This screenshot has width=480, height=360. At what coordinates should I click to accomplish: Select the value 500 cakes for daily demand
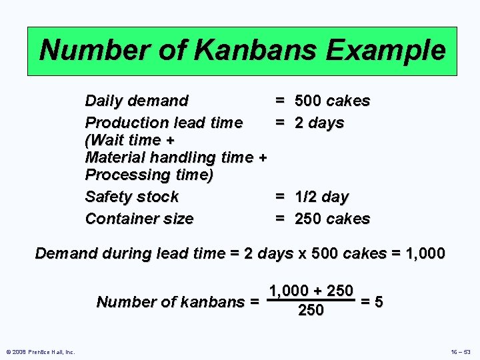[x=332, y=101]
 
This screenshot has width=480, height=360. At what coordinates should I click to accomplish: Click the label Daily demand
[x=137, y=101]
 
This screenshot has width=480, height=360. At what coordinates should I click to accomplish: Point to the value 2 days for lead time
[x=319, y=123]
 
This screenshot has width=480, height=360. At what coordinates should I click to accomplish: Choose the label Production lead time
[x=164, y=123]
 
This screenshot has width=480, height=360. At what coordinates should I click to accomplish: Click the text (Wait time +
[x=130, y=140]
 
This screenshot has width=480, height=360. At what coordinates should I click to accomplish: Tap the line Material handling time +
[x=176, y=157]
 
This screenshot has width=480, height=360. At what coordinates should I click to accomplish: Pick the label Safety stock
[x=132, y=197]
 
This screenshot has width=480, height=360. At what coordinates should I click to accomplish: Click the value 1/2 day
[x=321, y=197]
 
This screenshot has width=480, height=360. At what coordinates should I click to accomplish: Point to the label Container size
[x=139, y=219]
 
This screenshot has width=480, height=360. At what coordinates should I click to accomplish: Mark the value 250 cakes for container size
[x=332, y=219]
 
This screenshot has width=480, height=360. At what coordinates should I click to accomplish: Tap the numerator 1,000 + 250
[x=311, y=291]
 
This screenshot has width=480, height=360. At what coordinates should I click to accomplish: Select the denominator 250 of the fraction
[x=311, y=310]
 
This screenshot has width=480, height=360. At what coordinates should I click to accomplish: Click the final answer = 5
[x=371, y=301]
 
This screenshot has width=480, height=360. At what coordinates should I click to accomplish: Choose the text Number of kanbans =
[x=178, y=302]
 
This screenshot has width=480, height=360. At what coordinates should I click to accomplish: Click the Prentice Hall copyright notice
[x=39, y=351]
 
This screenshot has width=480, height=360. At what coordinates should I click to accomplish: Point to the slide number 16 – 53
[x=460, y=351]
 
